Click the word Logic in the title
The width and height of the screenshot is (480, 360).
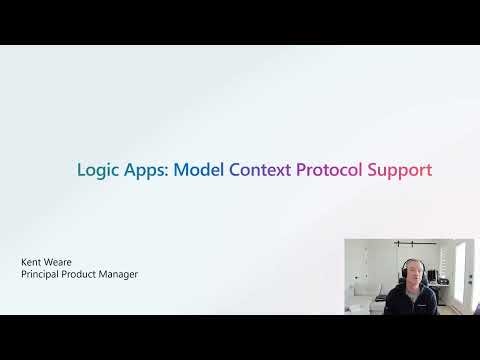97,170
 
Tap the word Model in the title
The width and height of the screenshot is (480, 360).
198,169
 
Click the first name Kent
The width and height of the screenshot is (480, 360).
32,262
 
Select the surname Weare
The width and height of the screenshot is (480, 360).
59,262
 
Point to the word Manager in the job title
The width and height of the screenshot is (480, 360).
120,274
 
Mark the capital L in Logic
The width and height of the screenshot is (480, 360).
82,169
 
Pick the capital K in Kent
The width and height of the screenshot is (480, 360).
24,262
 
